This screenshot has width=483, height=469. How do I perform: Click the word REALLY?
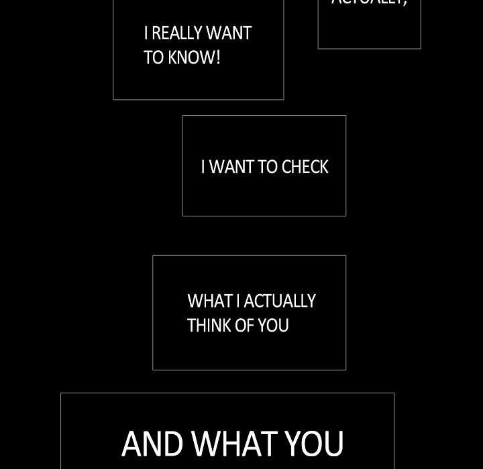pyautogui.click(x=177, y=33)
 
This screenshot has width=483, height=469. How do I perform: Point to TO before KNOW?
pyautogui.click(x=154, y=58)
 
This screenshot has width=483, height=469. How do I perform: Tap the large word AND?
pyautogui.click(x=152, y=444)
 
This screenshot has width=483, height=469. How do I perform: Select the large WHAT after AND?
pyautogui.click(x=234, y=444)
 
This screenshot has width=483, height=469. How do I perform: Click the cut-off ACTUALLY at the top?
pyautogui.click(x=369, y=3)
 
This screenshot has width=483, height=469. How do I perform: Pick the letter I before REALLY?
pyautogui.click(x=146, y=33)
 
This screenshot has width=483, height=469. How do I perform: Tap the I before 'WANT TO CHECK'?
pyautogui.click(x=203, y=167)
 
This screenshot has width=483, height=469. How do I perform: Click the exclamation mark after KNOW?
pyautogui.click(x=218, y=58)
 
